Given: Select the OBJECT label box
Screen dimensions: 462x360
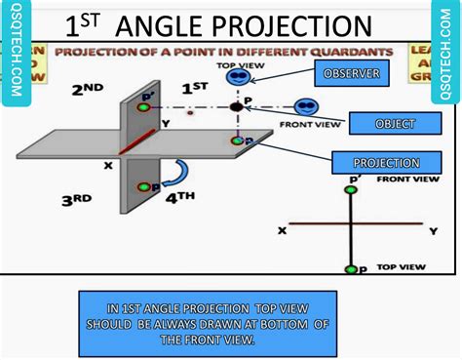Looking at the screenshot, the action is [395, 124].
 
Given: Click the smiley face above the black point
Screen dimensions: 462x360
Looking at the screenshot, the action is [235, 78].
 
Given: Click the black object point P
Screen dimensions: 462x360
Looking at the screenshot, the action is [235, 106].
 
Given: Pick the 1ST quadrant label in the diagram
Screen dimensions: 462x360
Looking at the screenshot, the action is [195, 88].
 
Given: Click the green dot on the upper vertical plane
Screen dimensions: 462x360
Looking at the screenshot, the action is [145, 105].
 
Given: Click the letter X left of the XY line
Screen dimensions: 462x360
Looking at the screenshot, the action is [282, 230].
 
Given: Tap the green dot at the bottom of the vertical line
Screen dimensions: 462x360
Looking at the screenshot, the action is [352, 268].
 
